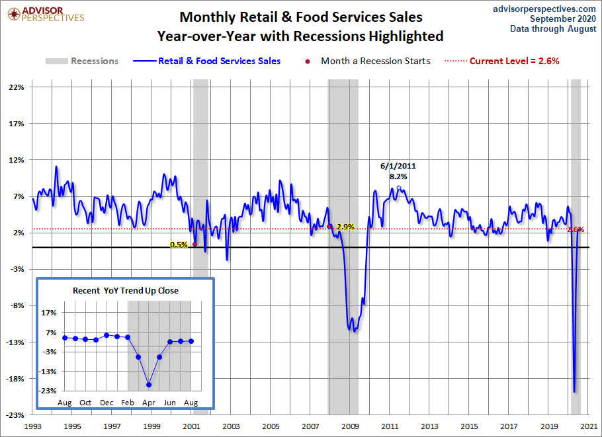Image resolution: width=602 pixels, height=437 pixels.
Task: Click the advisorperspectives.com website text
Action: click(x=535, y=8)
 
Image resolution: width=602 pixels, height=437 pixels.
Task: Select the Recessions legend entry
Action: click(x=82, y=61)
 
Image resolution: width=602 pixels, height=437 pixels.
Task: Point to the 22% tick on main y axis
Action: click(x=16, y=87)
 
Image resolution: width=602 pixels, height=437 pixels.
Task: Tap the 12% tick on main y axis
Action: click(x=16, y=160)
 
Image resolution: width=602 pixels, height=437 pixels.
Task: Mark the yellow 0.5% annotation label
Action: click(x=179, y=245)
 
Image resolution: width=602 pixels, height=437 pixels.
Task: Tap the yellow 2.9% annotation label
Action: click(x=345, y=227)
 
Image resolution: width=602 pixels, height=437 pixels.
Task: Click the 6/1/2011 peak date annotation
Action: click(x=398, y=166)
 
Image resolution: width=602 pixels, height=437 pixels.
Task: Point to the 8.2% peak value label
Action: click(x=398, y=177)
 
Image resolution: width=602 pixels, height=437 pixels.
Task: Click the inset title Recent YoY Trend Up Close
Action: click(x=126, y=290)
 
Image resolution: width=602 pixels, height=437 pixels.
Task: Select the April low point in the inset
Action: click(x=150, y=385)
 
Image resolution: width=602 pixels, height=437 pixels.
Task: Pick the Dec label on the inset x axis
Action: click(x=107, y=403)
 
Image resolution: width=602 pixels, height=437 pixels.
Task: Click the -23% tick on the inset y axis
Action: click(x=48, y=391)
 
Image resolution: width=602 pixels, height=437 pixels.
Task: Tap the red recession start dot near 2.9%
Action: click(x=329, y=226)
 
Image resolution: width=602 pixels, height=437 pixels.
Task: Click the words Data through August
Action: click(x=553, y=28)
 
